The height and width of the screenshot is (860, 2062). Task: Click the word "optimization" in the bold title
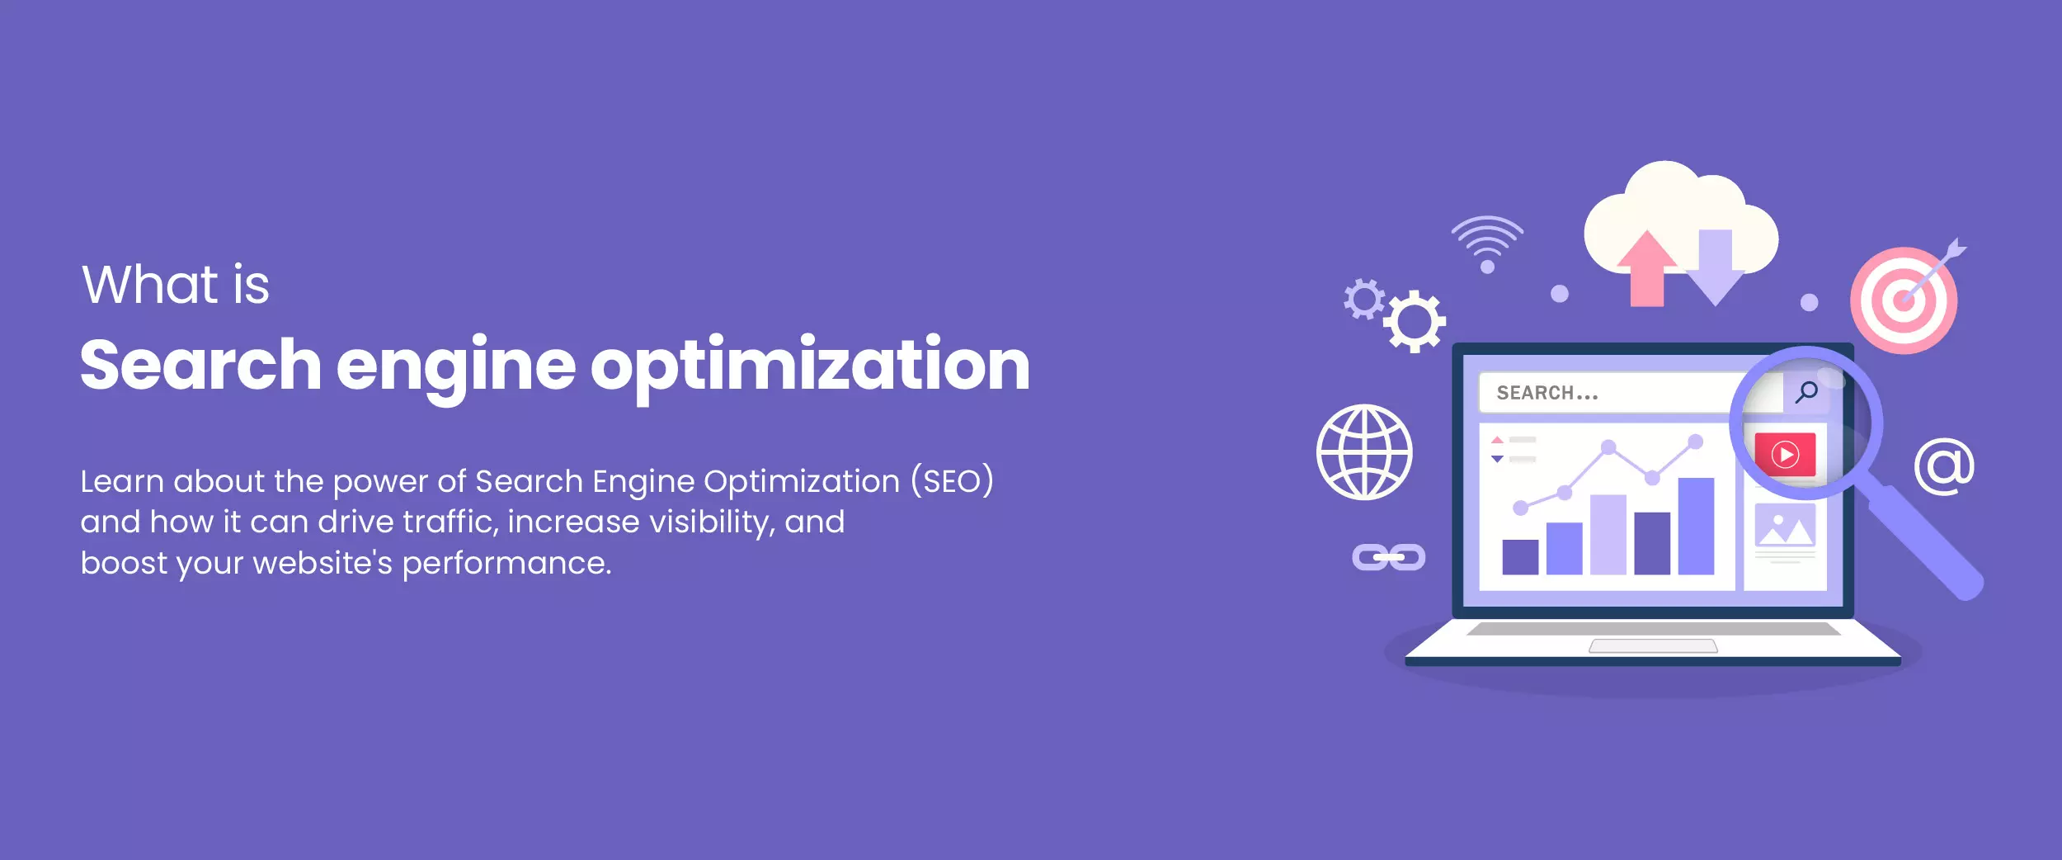tap(810, 366)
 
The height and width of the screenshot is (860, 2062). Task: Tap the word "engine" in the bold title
tap(455, 366)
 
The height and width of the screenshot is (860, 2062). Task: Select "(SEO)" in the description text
tap(952, 481)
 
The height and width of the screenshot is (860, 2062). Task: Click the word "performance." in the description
tap(506, 563)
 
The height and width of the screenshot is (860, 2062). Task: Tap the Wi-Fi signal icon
tap(1487, 243)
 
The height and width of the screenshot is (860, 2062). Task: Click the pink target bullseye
tap(1904, 300)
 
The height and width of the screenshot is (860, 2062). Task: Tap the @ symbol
tap(1944, 467)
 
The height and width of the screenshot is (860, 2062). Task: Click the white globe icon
tap(1364, 452)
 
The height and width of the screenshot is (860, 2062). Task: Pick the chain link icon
tap(1388, 557)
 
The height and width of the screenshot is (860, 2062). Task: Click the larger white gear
tap(1415, 321)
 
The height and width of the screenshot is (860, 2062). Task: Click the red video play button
tap(1785, 455)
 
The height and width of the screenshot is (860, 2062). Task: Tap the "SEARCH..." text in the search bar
tap(1547, 393)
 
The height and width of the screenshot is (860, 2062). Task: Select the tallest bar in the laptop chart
tap(1696, 526)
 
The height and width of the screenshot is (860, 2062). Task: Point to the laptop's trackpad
tap(1653, 646)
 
